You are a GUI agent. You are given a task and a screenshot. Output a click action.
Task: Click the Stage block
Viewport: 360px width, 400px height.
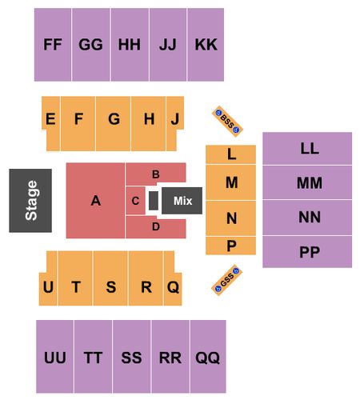click(x=30, y=201)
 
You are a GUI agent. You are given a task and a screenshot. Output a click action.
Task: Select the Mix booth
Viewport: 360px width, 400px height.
click(x=182, y=201)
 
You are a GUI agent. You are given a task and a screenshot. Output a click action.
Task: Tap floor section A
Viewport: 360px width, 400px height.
click(x=95, y=201)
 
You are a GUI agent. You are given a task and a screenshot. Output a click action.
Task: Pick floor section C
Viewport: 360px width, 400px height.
click(x=135, y=201)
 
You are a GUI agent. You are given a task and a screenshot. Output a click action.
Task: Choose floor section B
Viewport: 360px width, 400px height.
click(x=156, y=173)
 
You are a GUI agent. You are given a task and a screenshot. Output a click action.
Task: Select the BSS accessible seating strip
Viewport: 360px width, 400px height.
click(x=227, y=122)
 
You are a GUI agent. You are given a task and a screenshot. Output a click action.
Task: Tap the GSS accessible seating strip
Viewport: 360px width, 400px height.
click(x=227, y=280)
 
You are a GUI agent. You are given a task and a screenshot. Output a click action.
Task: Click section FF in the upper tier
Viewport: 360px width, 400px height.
click(x=53, y=45)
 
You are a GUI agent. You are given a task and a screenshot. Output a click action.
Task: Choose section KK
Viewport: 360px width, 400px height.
click(x=206, y=45)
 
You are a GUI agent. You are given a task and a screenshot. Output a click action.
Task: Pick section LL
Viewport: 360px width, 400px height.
click(x=307, y=149)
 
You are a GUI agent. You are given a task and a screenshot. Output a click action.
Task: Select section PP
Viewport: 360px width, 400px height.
click(x=307, y=252)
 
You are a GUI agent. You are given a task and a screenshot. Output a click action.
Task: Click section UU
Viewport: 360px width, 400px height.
click(x=55, y=357)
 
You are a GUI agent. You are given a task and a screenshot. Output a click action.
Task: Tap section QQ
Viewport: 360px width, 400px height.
click(x=208, y=357)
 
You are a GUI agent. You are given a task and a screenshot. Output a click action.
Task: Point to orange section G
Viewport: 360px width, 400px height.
click(x=114, y=124)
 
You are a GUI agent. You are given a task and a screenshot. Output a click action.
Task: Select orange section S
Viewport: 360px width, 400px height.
click(x=110, y=278)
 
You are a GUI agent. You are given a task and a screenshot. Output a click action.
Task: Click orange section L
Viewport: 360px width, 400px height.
click(x=230, y=154)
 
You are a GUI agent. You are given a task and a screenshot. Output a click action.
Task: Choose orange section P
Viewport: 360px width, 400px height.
click(x=230, y=246)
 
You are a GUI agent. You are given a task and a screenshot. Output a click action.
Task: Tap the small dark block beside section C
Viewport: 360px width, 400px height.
click(x=154, y=201)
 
